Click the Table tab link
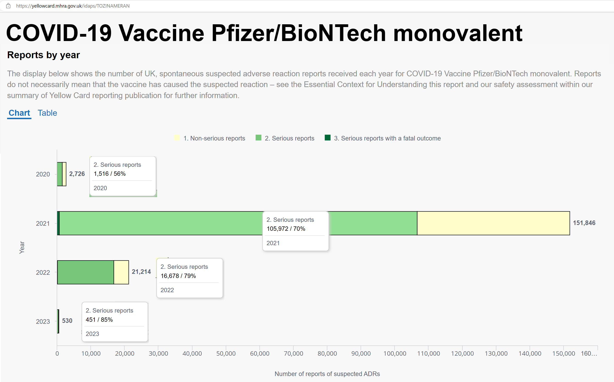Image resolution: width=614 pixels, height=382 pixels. (47, 113)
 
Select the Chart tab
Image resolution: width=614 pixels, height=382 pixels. (19, 113)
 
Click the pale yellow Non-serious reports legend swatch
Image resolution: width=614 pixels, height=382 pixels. (177, 138)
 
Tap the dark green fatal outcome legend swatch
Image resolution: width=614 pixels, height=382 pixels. (328, 138)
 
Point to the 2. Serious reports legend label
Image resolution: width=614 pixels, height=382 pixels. (289, 138)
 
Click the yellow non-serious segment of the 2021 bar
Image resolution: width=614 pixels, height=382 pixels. (493, 223)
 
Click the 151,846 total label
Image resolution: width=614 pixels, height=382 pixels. (584, 223)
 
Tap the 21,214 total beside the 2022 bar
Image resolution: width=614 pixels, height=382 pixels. (141, 272)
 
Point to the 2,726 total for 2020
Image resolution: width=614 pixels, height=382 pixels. (77, 174)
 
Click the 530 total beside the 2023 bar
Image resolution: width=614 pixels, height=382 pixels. (67, 321)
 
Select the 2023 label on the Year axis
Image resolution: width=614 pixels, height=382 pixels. (43, 322)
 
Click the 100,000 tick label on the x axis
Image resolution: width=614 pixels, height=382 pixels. (395, 353)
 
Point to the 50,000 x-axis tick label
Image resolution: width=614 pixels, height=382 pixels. (226, 353)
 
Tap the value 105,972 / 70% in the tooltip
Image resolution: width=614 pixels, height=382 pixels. (286, 229)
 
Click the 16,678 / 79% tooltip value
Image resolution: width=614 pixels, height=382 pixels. (178, 276)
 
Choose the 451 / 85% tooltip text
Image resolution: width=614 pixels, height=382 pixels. (99, 320)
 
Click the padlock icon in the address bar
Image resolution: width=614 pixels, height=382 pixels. (8, 5)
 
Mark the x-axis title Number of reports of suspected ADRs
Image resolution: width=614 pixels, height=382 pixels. (327, 374)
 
